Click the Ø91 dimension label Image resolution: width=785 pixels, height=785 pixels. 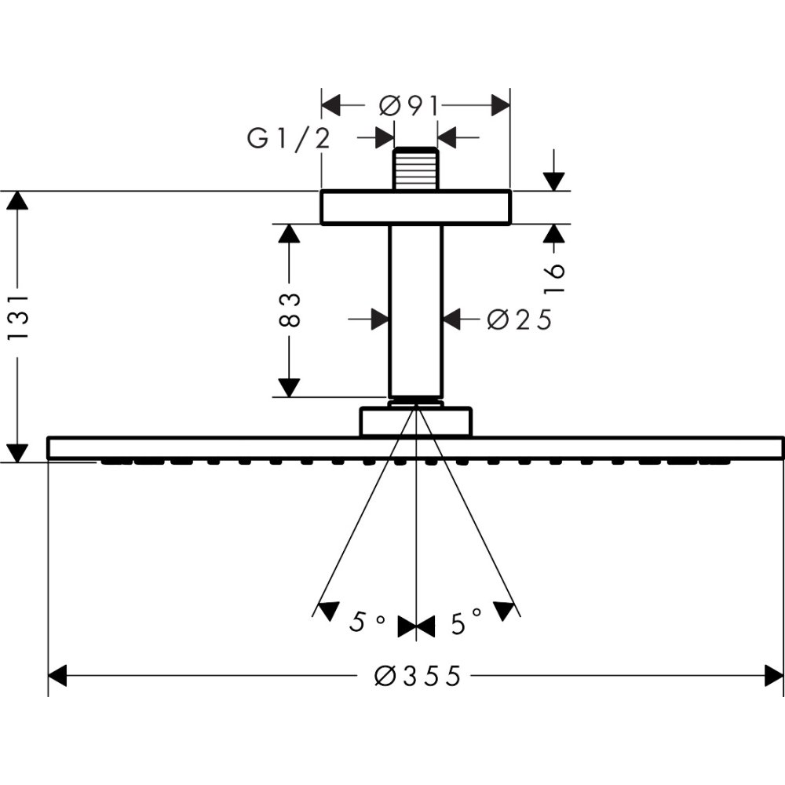click(x=407, y=105)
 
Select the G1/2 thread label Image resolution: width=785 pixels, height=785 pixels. click(x=288, y=139)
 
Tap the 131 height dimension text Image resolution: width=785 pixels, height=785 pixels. click(x=17, y=318)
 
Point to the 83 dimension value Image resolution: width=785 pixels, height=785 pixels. click(x=289, y=310)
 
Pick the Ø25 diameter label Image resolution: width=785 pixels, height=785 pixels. click(x=519, y=319)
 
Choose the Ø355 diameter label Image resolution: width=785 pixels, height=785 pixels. click(x=417, y=675)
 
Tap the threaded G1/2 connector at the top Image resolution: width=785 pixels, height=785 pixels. click(x=415, y=169)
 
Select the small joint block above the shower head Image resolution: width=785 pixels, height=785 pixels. click(x=415, y=422)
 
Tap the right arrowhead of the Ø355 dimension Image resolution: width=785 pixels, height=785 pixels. click(x=774, y=675)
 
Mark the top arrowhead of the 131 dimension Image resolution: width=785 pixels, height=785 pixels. click(x=17, y=200)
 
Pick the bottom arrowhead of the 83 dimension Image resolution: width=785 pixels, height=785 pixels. click(x=289, y=387)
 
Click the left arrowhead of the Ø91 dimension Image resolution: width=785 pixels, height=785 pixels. click(x=331, y=105)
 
